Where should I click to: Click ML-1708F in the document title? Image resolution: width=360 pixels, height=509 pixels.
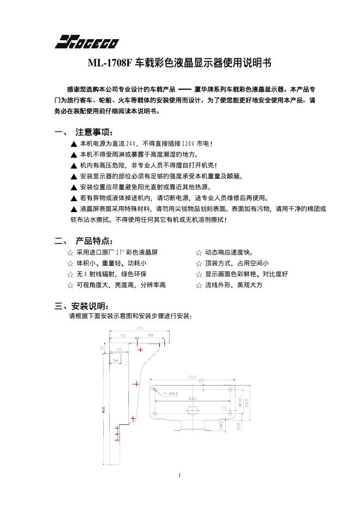(x=110, y=64)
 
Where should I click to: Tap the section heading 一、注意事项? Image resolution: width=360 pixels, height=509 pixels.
(x=84, y=132)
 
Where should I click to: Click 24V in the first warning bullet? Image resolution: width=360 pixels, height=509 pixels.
(x=131, y=144)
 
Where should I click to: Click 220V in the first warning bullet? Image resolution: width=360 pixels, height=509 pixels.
(x=188, y=144)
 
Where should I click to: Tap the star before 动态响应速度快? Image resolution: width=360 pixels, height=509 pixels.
(x=199, y=253)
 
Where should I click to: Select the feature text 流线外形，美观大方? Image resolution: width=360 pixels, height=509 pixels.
(x=233, y=285)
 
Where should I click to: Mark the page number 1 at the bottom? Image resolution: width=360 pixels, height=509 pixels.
(x=179, y=476)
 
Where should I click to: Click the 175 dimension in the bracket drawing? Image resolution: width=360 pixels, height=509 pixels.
(x=139, y=328)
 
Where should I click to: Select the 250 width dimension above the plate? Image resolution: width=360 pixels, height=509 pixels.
(x=193, y=376)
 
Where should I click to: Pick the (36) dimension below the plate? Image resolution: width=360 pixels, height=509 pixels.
(x=221, y=427)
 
